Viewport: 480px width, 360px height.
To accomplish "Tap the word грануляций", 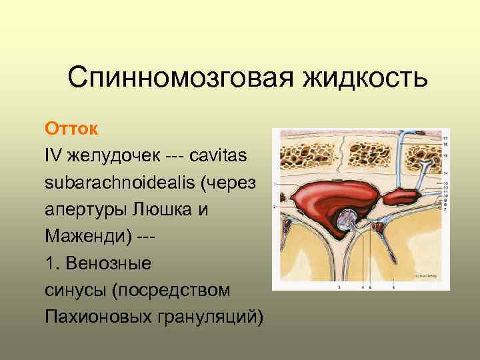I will point(215,315).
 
